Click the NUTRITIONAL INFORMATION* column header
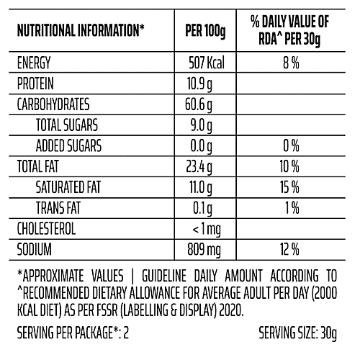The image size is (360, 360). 80,32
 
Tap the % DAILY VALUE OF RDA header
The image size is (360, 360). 290,31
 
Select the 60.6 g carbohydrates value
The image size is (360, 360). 201,105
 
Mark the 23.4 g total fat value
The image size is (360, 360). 201,168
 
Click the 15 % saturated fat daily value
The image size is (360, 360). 290,189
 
